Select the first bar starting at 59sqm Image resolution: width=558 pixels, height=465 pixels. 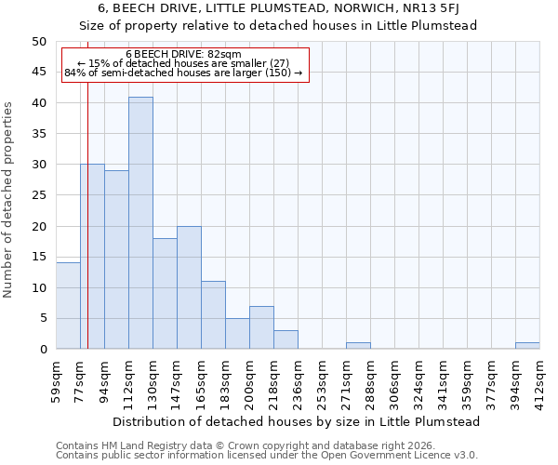click(x=68, y=306)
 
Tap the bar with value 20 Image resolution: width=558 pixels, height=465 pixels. click(x=189, y=287)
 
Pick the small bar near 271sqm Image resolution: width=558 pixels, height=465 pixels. click(x=358, y=346)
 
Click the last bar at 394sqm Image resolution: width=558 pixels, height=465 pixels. click(x=527, y=346)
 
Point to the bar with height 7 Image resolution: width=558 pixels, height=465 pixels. click(x=261, y=327)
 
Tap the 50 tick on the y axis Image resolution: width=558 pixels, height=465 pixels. click(x=38, y=42)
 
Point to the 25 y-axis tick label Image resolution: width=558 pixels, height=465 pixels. click(x=38, y=195)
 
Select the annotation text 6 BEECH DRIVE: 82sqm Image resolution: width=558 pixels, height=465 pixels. click(x=183, y=55)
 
